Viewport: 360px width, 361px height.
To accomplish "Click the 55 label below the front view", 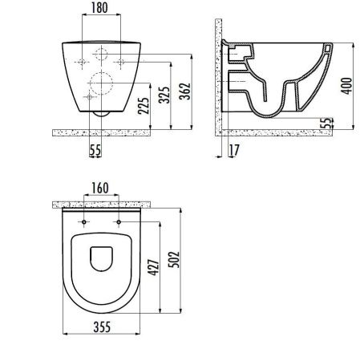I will [95, 148].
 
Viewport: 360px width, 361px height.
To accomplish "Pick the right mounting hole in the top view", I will [118, 221].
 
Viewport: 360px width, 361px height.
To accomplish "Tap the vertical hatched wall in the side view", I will [217, 80].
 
